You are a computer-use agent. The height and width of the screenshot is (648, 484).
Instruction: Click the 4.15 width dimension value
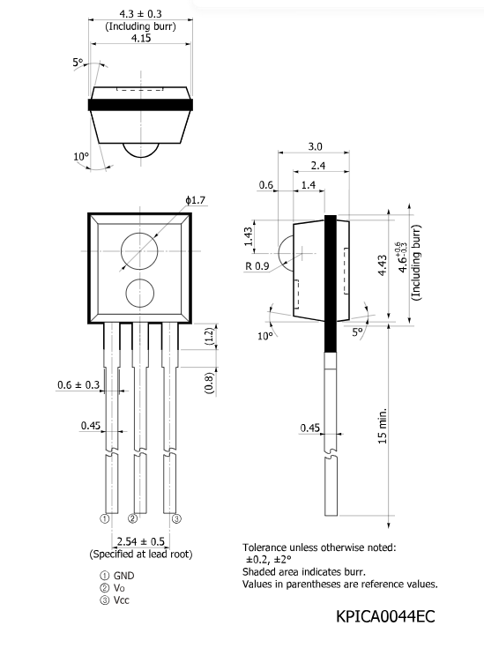pyautogui.click(x=141, y=38)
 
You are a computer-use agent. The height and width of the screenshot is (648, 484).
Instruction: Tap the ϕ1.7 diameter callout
pyautogui.click(x=195, y=200)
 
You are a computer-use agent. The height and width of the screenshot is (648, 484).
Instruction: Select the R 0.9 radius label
pyautogui.click(x=257, y=266)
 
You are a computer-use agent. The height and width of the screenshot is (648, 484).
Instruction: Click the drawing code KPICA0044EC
pyautogui.click(x=385, y=616)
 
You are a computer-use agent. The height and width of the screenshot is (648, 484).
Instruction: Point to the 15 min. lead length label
pyautogui.click(x=383, y=426)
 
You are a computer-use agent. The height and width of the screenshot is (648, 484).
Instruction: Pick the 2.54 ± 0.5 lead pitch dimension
pyautogui.click(x=140, y=541)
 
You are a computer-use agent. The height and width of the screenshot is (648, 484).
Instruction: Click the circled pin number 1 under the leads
pyautogui.click(x=105, y=518)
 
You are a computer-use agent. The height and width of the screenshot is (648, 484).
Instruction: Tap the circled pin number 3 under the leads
pyautogui.click(x=176, y=518)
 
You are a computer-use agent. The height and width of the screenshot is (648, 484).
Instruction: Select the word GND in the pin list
pyautogui.click(x=123, y=576)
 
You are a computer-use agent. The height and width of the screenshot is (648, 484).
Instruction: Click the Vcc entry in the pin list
pyautogui.click(x=121, y=600)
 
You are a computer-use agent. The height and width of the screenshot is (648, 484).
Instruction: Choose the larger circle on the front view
pyautogui.click(x=139, y=251)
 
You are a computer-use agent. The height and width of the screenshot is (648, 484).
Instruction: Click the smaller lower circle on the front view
pyautogui.click(x=139, y=294)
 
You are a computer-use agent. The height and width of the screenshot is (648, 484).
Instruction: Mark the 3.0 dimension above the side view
pyautogui.click(x=315, y=146)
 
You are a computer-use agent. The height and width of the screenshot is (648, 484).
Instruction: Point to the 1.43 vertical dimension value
pyautogui.click(x=249, y=236)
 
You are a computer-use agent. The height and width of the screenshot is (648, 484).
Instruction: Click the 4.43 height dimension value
pyautogui.click(x=383, y=265)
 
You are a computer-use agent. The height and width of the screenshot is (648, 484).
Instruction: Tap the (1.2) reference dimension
pyautogui.click(x=209, y=337)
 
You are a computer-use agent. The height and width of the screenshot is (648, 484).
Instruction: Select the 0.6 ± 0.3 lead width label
pyautogui.click(x=78, y=384)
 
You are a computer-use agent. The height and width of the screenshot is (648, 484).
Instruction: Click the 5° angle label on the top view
pyautogui.click(x=78, y=63)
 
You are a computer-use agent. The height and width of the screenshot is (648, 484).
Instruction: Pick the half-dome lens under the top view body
pyautogui.click(x=141, y=150)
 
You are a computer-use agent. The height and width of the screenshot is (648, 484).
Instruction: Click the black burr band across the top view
pyautogui.click(x=140, y=105)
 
